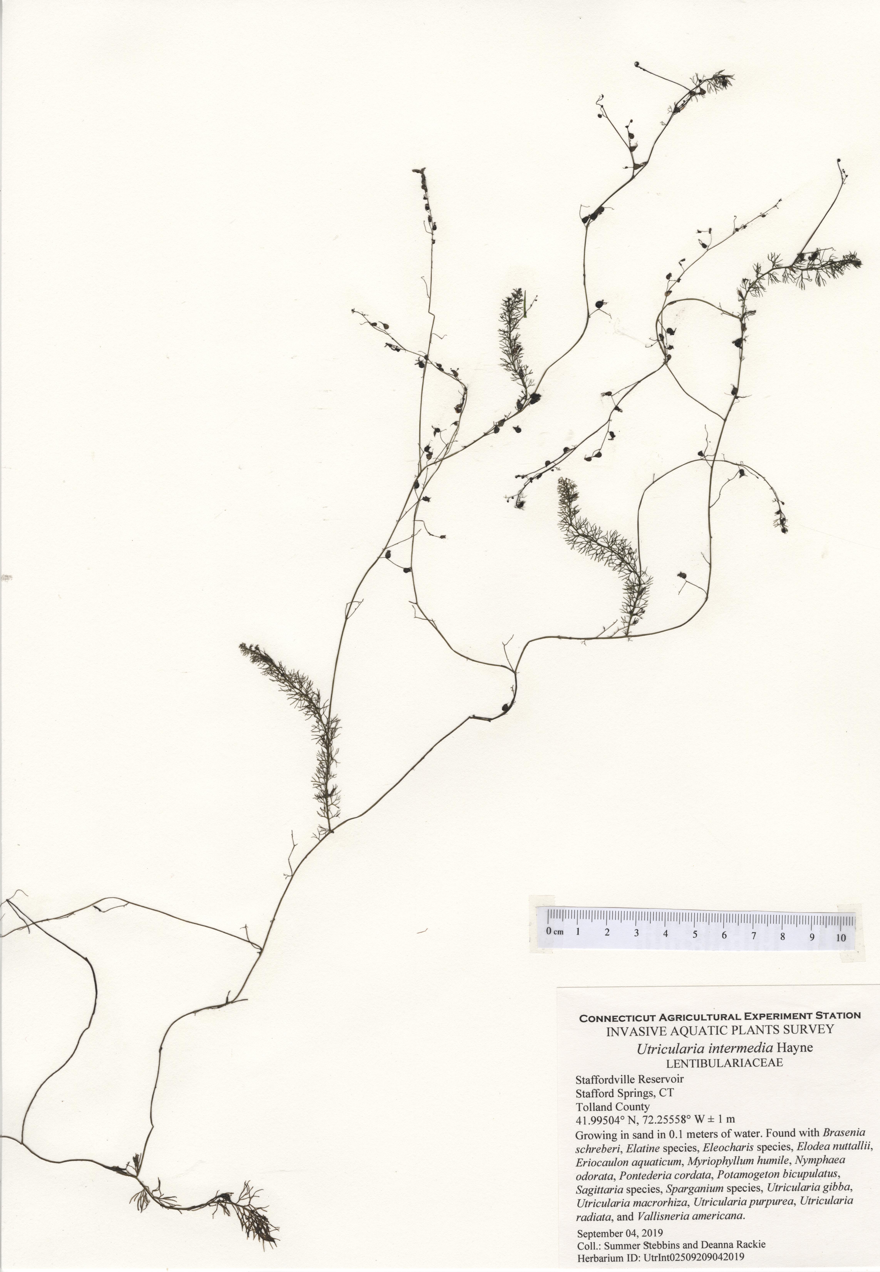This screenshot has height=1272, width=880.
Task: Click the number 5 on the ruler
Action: pos(695,935)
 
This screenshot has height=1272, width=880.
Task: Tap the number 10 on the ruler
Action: pos(841,937)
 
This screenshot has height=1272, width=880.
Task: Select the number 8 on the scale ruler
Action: pos(782,936)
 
